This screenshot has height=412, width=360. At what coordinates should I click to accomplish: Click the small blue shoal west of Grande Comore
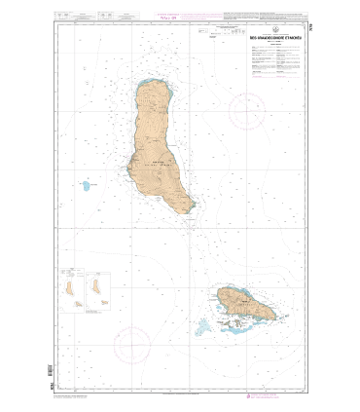coord(89,184)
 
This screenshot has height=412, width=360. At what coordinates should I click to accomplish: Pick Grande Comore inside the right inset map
coord(94,286)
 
